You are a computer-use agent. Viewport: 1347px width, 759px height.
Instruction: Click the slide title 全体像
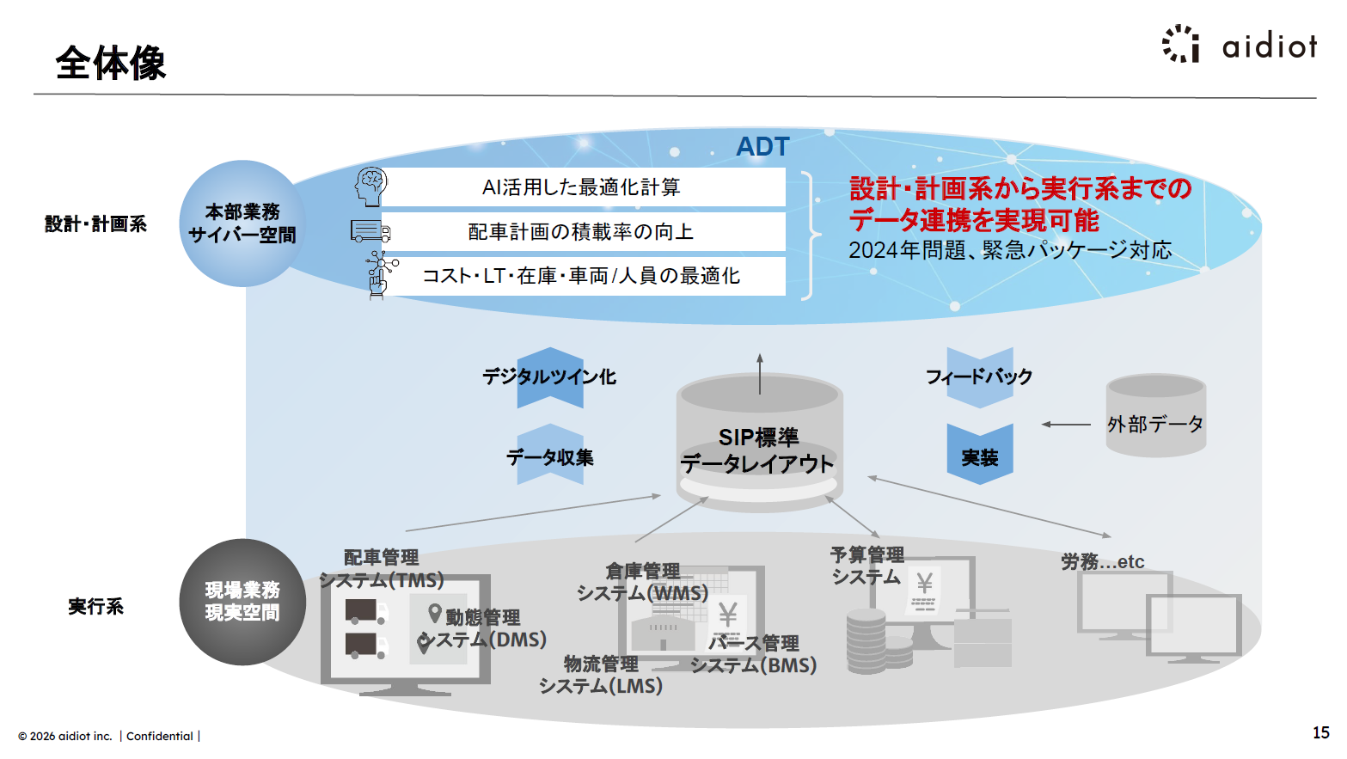[110, 63]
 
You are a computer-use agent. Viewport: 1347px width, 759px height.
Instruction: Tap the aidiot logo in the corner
[1240, 45]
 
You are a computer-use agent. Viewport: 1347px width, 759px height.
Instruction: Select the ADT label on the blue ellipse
[762, 147]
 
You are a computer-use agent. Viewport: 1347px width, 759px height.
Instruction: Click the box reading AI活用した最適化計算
[582, 187]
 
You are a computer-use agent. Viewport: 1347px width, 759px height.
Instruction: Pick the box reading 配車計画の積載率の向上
[582, 232]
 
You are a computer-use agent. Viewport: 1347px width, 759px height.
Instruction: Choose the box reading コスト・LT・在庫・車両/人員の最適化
[582, 276]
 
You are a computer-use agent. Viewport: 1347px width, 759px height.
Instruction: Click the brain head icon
[370, 186]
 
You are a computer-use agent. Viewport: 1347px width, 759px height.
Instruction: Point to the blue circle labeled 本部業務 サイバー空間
[242, 223]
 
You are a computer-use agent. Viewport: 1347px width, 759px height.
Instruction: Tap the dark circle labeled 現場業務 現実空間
[242, 602]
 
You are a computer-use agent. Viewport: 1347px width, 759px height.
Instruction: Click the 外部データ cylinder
[1155, 417]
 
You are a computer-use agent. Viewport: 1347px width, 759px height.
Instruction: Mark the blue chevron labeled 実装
[980, 455]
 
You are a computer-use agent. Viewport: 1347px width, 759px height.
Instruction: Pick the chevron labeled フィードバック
[980, 376]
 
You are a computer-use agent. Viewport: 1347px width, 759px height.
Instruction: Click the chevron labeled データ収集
[550, 456]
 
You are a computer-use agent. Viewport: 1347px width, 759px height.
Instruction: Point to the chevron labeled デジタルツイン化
[550, 377]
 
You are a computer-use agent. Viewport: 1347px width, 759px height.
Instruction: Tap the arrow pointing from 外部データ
[1066, 425]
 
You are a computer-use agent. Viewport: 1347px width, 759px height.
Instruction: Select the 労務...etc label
[1103, 562]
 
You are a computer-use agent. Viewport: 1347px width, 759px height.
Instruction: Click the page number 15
[1320, 732]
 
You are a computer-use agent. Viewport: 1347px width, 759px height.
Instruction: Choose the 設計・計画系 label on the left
[95, 224]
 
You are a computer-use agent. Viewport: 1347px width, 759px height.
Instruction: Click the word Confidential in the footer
[160, 736]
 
